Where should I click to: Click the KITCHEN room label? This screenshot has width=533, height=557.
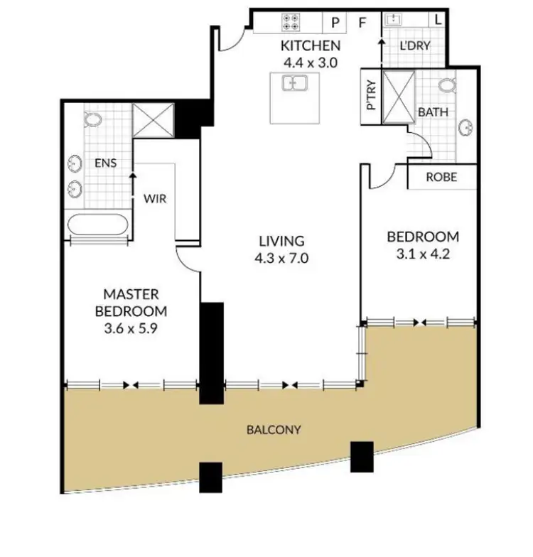coord(311,46)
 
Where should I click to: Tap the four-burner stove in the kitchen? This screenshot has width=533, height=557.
coord(291,21)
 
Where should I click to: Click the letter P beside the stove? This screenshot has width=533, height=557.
coord(335,22)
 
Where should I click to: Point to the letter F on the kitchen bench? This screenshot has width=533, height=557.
coord(362,22)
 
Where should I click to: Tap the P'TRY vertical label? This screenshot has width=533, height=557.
coord(370,96)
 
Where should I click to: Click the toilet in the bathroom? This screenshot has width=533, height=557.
coord(446,86)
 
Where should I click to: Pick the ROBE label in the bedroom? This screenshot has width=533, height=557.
coord(441,178)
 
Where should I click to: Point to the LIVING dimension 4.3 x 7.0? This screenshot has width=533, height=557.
coord(281,258)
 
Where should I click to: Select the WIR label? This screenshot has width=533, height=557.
coord(155,199)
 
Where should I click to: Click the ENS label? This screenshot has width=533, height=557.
coord(104,163)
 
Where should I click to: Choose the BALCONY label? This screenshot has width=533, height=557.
coord(275,430)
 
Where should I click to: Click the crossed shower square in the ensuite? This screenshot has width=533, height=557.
coord(154,119)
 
